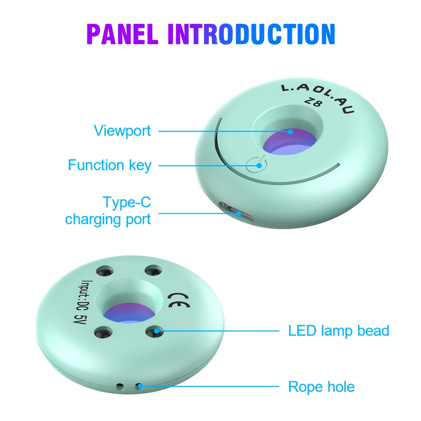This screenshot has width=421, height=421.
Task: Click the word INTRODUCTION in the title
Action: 251,34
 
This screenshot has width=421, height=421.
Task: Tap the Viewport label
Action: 122,131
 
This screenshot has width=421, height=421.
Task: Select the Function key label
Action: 109,165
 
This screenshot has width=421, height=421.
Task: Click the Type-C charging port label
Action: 108,211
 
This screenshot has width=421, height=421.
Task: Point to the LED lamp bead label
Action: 339,330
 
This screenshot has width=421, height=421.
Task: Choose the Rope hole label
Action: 321,387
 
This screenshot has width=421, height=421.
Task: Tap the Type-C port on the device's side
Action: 236,213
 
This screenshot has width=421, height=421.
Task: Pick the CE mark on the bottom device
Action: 179,300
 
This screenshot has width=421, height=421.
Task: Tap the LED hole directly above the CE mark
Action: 153,270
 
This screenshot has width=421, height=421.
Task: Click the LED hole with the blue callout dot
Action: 154,330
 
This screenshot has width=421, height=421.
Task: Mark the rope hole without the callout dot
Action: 120,387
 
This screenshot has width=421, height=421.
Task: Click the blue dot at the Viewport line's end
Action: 290,132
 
